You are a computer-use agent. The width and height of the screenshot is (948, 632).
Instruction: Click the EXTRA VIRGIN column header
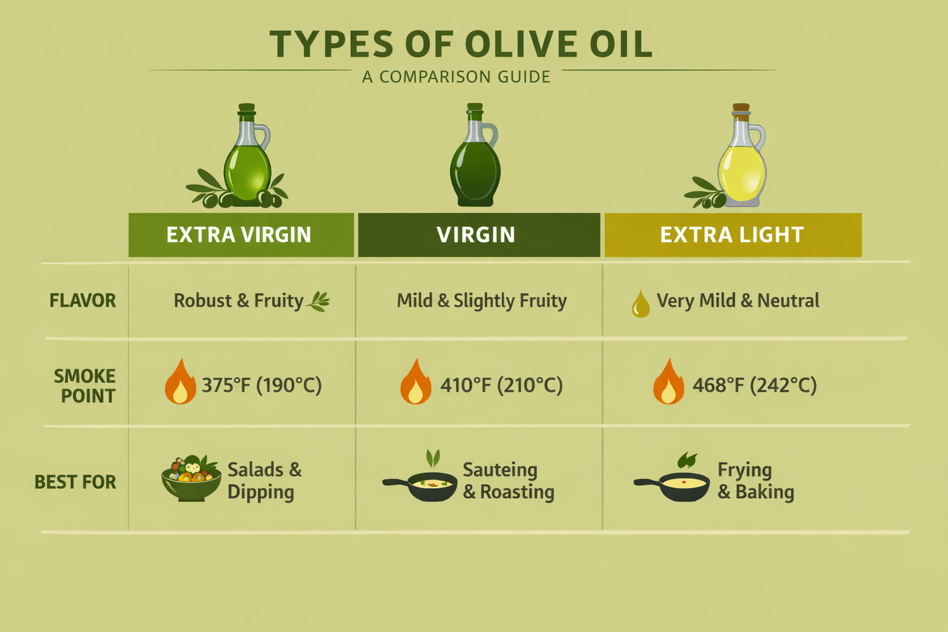[x=241, y=235]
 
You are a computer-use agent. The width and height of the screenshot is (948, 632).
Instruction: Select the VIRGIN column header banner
[x=478, y=235]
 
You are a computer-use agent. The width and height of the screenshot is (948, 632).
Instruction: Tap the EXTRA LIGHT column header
[x=733, y=235]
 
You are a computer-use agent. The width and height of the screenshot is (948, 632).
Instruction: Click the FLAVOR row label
[x=83, y=301]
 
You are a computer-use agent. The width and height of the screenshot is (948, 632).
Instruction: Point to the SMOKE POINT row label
[x=85, y=386]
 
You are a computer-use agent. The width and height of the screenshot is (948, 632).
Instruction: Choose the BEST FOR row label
[x=75, y=482]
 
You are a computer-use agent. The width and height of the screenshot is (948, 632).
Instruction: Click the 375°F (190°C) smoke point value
[x=262, y=386]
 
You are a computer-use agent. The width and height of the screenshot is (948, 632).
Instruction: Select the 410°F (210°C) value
[x=501, y=386]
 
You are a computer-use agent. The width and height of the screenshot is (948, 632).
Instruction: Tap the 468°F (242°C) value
[x=754, y=386]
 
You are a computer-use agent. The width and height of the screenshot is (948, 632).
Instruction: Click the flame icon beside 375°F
[x=180, y=383]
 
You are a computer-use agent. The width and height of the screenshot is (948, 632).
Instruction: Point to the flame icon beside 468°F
[x=668, y=383]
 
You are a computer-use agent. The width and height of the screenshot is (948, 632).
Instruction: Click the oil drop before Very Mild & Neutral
[x=641, y=304]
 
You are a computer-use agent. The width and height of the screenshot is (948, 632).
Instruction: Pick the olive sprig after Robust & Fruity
[x=319, y=301]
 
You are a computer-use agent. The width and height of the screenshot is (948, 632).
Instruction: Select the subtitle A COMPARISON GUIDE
[x=456, y=77]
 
